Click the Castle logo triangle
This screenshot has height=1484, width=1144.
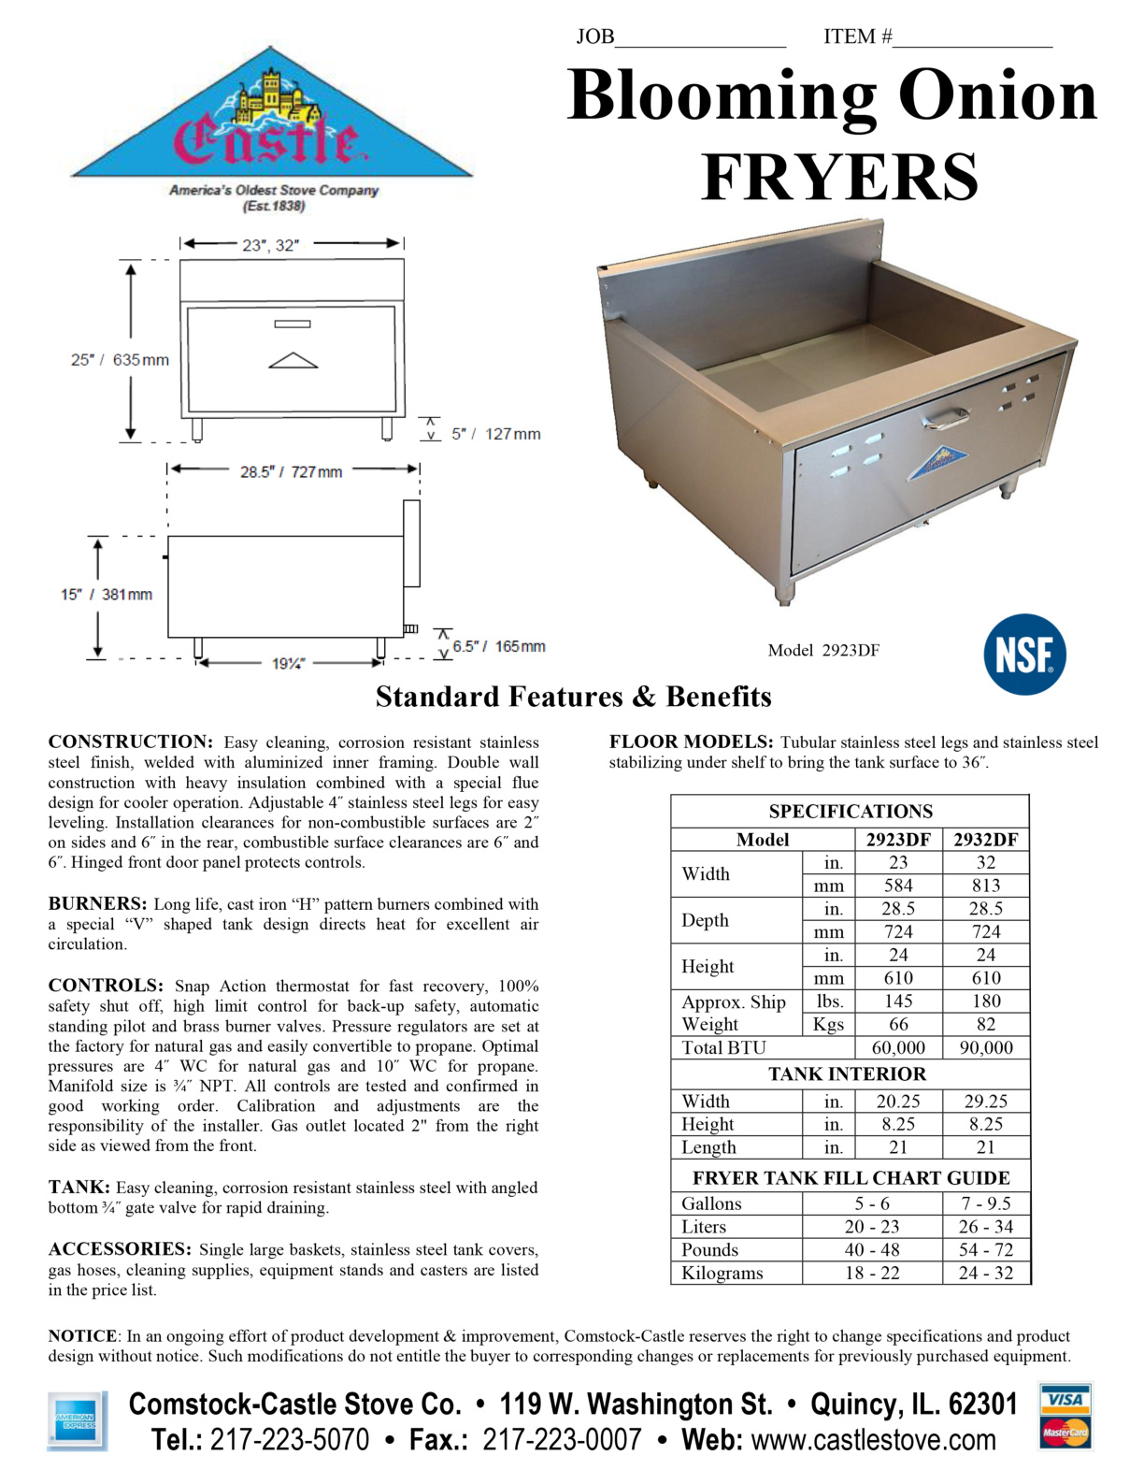(272, 122)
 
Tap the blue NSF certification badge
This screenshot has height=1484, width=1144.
(1024, 655)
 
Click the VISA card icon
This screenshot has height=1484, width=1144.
(1065, 1400)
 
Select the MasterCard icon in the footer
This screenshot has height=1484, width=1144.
(1065, 1432)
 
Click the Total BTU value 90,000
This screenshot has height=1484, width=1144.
(985, 1047)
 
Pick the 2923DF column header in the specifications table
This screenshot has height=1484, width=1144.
(897, 839)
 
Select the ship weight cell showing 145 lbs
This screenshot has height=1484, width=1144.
(897, 1001)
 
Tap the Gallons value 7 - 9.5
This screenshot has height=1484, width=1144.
(985, 1203)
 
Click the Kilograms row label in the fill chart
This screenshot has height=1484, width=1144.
(722, 1273)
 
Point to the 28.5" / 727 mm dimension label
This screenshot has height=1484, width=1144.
(291, 472)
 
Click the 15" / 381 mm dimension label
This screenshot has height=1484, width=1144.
(107, 595)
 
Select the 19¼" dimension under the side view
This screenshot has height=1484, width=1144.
(288, 664)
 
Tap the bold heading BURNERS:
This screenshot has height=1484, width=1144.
(97, 904)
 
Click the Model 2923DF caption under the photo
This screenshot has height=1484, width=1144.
(822, 651)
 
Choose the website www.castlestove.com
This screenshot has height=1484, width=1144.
(873, 1440)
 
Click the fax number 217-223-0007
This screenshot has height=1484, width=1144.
(561, 1440)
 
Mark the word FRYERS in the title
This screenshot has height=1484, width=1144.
(838, 177)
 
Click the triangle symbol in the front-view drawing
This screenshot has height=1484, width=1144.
(293, 360)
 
